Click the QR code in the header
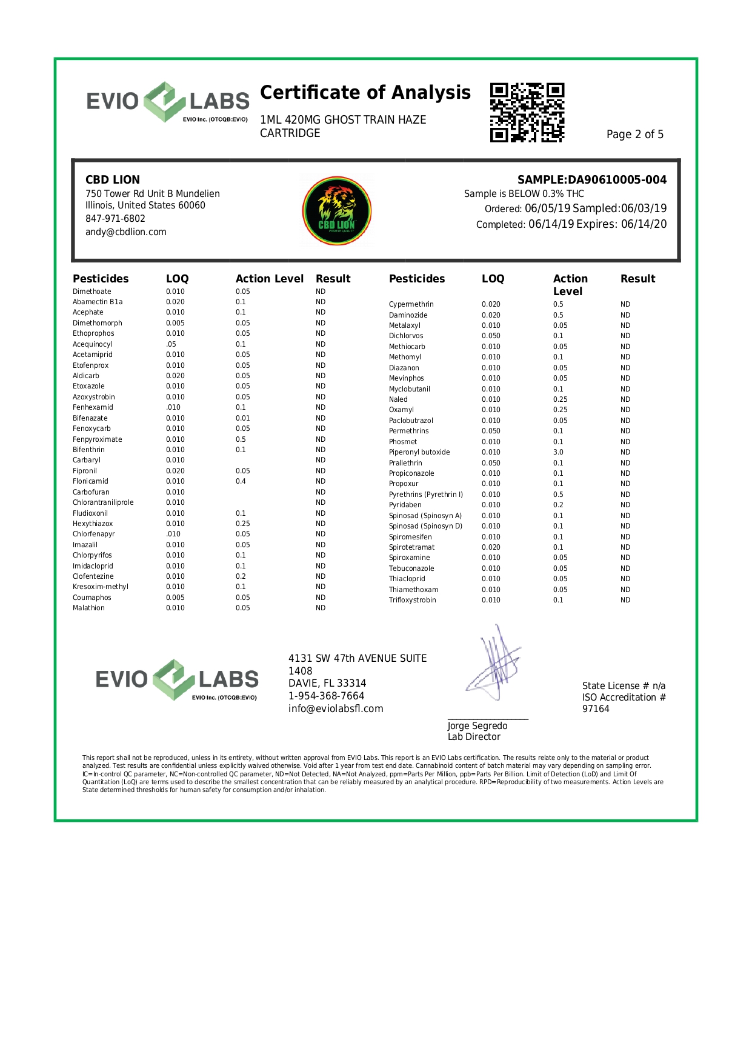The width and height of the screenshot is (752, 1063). coord(527,113)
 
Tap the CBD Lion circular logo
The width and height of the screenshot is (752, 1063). coord(337,211)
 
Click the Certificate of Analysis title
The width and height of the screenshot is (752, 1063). coord(365,93)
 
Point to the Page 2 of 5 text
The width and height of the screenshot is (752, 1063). coord(634,135)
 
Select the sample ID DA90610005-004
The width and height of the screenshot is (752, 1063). coord(617,180)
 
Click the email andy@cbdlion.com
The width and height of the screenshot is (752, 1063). coord(125,232)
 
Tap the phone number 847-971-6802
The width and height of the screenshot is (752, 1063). coord(115,219)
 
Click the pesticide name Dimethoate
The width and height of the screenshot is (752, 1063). coord(92,292)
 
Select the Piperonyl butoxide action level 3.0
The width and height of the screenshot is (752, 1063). coord(558,452)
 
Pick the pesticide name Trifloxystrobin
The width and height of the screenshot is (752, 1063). coord(412,600)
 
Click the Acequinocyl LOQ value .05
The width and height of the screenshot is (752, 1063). coord(171,344)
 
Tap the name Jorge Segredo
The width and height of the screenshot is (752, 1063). coord(477,726)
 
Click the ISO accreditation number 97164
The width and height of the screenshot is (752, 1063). coord(596,709)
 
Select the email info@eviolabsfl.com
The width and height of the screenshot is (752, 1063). coord(336,709)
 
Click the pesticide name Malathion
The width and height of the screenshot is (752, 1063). coord(88,608)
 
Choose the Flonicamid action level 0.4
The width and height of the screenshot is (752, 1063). coord(241,481)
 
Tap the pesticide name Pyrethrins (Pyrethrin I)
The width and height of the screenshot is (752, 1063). coord(425,495)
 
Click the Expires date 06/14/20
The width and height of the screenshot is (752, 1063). coord(644,224)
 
